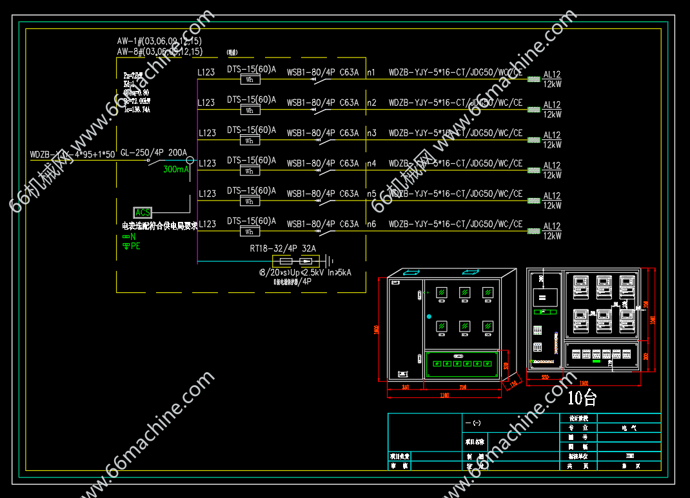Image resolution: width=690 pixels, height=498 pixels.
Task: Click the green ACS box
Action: (x=143, y=212)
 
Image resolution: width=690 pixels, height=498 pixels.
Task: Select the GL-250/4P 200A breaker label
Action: (x=153, y=152)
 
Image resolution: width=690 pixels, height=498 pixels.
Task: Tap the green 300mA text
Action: (x=176, y=169)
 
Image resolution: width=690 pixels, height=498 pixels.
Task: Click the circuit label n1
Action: (x=371, y=72)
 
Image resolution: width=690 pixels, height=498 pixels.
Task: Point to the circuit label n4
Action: (x=371, y=163)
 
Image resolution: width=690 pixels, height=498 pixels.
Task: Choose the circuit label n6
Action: (x=371, y=224)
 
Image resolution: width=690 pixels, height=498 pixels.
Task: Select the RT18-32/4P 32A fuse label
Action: (x=282, y=248)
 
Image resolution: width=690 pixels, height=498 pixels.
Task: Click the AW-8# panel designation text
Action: (x=159, y=51)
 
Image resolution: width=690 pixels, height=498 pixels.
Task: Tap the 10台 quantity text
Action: (x=582, y=398)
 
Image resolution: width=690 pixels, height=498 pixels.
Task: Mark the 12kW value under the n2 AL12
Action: (x=552, y=115)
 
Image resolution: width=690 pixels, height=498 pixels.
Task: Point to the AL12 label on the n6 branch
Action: (x=552, y=226)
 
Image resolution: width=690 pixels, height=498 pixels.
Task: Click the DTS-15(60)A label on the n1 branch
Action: (x=251, y=68)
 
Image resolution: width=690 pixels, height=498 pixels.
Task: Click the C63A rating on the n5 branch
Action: (x=349, y=194)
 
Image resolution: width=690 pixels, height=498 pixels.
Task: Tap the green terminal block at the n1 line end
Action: (x=533, y=79)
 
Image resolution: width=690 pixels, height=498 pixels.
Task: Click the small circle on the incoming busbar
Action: (x=190, y=160)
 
